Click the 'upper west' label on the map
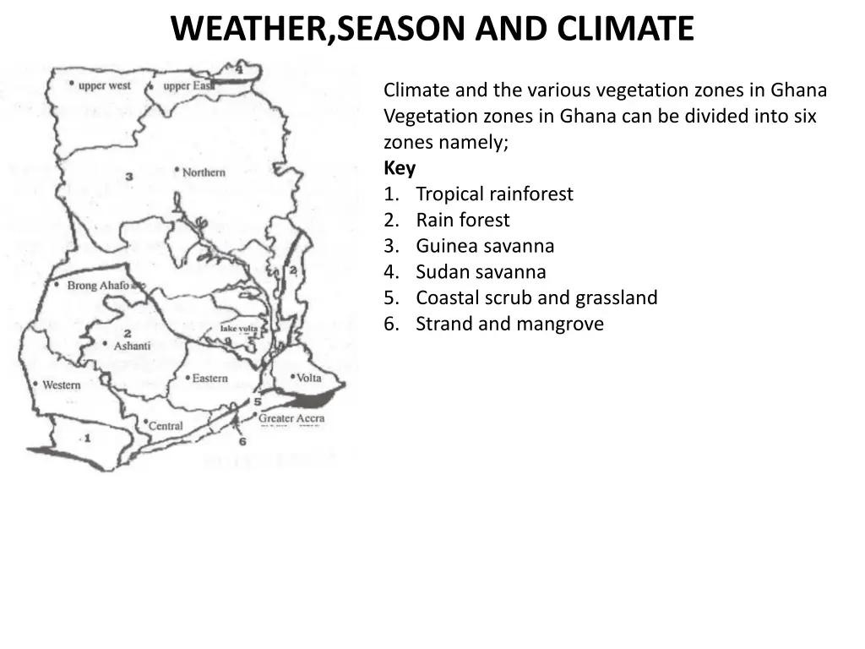(x=104, y=85)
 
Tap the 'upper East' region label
(x=188, y=85)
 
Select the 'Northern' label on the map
(x=204, y=172)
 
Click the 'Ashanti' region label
(x=132, y=346)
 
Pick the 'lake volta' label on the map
(x=238, y=328)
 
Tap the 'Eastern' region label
(x=209, y=379)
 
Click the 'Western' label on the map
(x=62, y=385)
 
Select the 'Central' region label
(x=166, y=426)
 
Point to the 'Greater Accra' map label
(x=291, y=418)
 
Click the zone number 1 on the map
(x=86, y=438)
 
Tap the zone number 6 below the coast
(x=242, y=441)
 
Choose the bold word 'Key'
(x=400, y=168)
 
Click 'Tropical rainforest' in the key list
(x=494, y=194)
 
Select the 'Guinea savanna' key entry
(x=485, y=246)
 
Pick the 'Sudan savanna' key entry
(x=481, y=272)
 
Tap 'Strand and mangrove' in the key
(x=509, y=324)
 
